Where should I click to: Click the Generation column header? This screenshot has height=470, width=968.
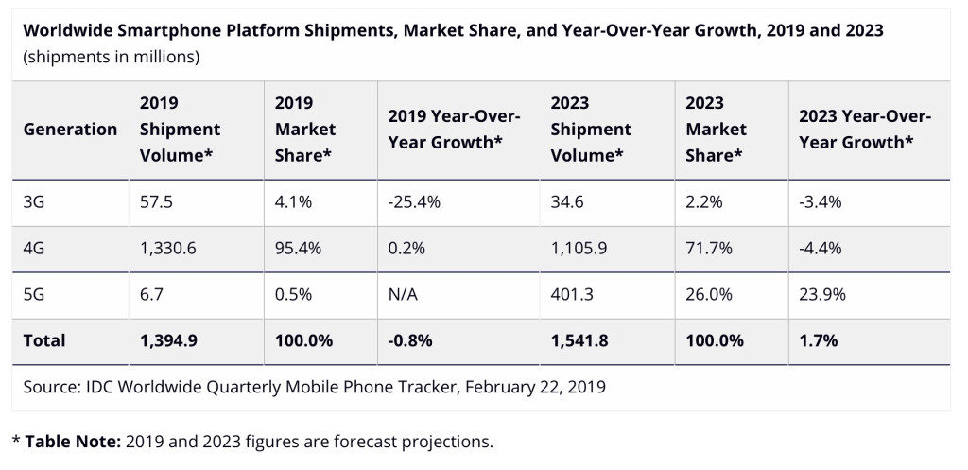point(70,130)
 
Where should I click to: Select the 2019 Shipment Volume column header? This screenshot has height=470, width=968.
point(180,130)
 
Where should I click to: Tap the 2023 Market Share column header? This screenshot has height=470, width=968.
point(716,130)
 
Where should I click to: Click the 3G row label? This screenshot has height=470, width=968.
point(35,201)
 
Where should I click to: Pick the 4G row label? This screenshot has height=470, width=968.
point(35,248)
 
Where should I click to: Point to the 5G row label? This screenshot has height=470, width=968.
point(35,294)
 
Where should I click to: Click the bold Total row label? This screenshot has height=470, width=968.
point(44,340)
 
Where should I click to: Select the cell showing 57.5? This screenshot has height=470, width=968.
point(156,201)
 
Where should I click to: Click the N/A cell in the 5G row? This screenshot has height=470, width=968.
point(404,294)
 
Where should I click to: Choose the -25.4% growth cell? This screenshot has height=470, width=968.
point(415,201)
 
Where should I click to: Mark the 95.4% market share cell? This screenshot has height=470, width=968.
point(298,248)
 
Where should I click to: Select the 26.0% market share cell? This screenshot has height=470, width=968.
point(709,294)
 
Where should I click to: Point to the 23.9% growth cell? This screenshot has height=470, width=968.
point(822,294)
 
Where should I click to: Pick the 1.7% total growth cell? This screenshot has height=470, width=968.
point(819,340)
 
